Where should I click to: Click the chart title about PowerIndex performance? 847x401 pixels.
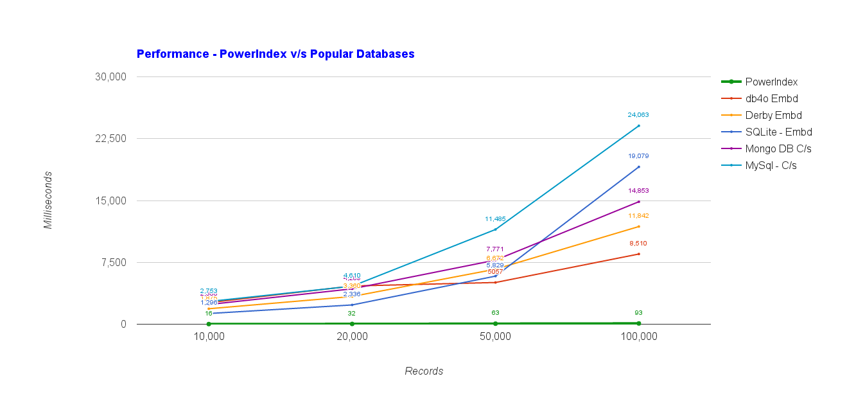(x=275, y=54)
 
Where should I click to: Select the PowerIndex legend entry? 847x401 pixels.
(x=771, y=82)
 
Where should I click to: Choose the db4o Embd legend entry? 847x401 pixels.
(x=771, y=98)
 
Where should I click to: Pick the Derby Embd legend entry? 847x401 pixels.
(x=773, y=115)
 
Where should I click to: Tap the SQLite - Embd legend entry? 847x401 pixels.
(x=778, y=132)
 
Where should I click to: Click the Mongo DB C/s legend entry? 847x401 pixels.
(x=778, y=148)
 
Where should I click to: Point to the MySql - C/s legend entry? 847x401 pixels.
(x=771, y=165)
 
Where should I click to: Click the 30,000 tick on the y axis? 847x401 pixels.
(x=110, y=76)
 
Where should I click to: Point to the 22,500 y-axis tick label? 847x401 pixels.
(x=110, y=139)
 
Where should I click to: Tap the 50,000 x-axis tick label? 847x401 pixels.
(x=495, y=337)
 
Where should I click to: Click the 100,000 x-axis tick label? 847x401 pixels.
(x=638, y=337)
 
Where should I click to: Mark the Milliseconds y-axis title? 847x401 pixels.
(x=48, y=200)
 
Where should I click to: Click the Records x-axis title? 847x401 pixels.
(x=424, y=371)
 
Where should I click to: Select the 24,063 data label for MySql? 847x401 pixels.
(x=638, y=115)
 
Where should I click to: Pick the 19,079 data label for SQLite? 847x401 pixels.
(x=638, y=156)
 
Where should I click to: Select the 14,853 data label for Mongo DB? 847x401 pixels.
(x=638, y=191)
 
